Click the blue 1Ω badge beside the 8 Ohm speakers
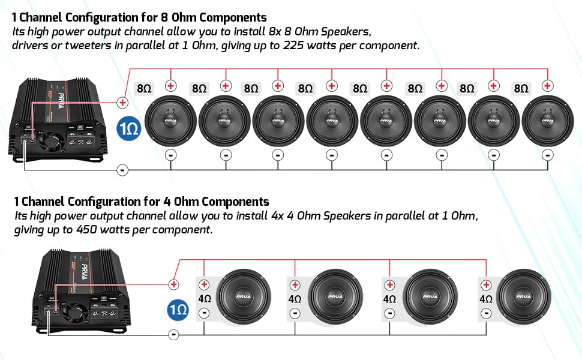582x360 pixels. [129, 128]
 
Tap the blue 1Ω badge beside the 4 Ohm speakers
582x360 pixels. [178, 310]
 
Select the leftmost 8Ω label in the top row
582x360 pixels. [143, 89]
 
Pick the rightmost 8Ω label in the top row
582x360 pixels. [521, 89]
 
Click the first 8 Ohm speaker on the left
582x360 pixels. [170, 121]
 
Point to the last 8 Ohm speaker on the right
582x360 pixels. [547, 121]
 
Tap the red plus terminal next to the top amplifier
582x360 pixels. [122, 103]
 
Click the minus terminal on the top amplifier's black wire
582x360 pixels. [122, 170]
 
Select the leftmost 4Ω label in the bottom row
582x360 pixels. [205, 299]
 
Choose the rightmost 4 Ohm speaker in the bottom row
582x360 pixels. [523, 297]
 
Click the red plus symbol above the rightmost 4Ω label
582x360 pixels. [486, 285]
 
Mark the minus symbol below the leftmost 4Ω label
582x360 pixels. [204, 313]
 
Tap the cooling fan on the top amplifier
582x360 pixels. [49, 143]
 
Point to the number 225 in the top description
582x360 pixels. [293, 45]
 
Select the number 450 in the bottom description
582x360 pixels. [87, 230]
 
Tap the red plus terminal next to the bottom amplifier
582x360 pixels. [173, 284]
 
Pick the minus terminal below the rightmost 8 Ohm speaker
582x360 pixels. [547, 155]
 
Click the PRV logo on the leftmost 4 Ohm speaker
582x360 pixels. [243, 296]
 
